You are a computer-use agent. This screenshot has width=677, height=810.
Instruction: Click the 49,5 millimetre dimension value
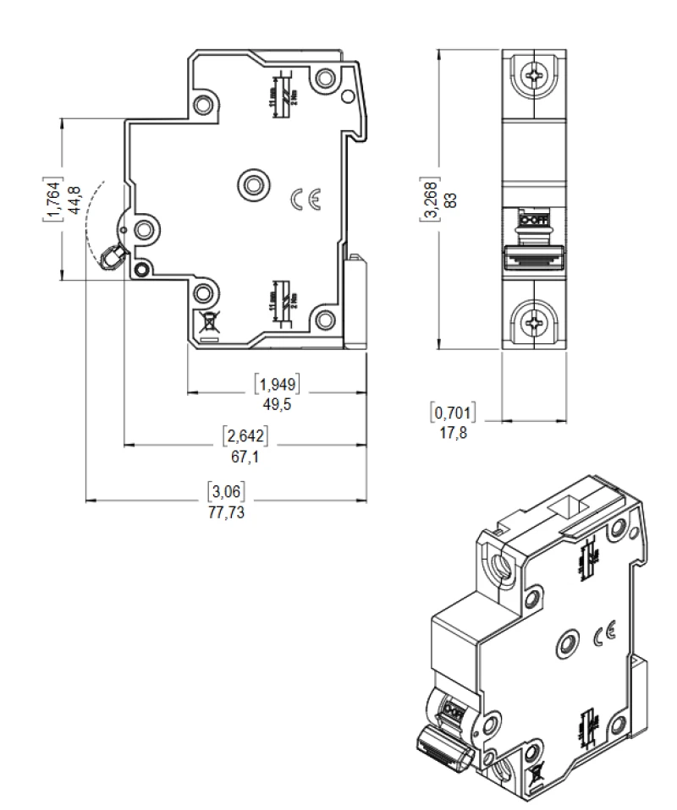click(x=277, y=404)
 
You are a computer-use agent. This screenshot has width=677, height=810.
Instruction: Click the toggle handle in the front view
click(x=533, y=256)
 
